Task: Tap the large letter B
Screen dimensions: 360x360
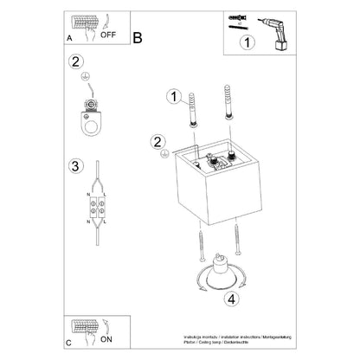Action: coord(138,36)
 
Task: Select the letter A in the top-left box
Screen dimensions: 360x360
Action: coord(69,39)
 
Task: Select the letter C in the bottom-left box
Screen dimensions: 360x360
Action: coord(69,342)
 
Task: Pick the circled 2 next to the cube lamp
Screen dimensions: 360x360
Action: coord(157,140)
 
